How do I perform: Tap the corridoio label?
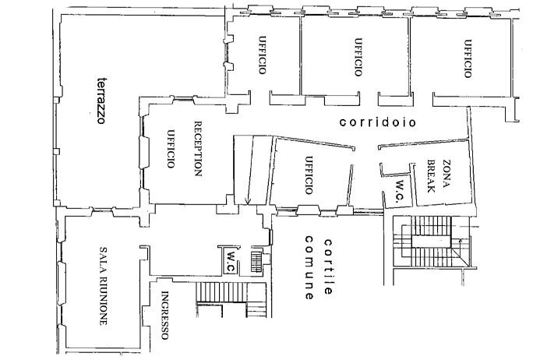(x=377, y=122)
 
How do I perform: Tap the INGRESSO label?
(x=164, y=315)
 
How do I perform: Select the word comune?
(x=309, y=268)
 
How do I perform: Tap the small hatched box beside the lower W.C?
(x=256, y=259)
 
